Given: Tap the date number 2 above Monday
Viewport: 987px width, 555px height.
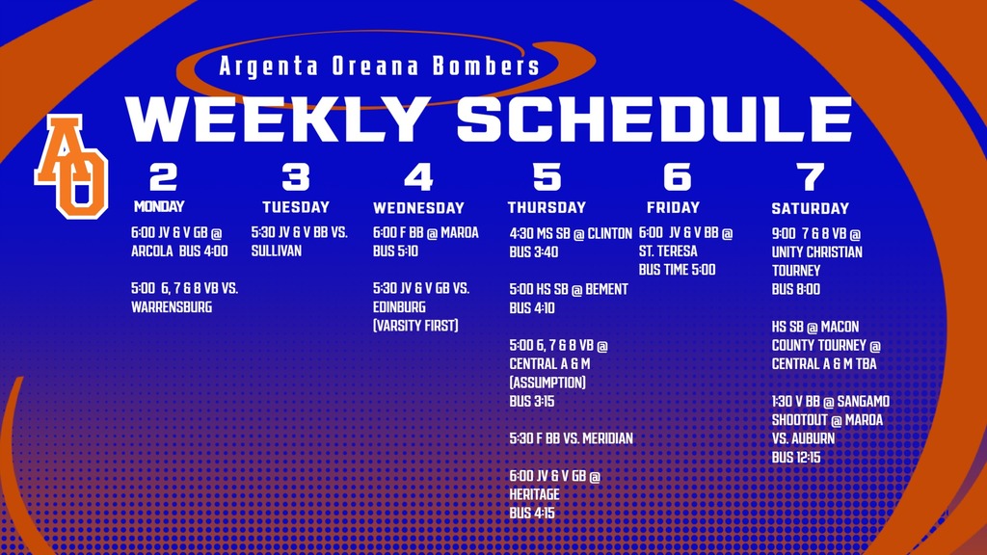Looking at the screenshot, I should (164, 177).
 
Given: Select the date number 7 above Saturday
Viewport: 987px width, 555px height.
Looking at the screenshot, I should (811, 177).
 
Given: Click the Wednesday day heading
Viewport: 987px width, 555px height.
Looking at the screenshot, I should (418, 208).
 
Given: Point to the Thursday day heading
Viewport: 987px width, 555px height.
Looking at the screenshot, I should (547, 207).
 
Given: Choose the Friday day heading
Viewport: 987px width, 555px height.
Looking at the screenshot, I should (673, 207).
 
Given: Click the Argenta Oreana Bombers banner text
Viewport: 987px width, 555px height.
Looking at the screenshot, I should (379, 67).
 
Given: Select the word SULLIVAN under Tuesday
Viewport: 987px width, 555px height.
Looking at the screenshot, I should (277, 251).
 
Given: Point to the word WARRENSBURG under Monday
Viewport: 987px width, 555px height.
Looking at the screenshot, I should (172, 307).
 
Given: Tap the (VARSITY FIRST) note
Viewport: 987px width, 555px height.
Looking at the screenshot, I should (415, 326).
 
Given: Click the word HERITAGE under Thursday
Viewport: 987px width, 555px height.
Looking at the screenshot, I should (534, 494).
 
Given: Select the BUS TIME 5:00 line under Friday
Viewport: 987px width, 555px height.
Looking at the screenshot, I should (677, 270).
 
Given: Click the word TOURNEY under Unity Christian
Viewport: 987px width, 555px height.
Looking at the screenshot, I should (795, 271).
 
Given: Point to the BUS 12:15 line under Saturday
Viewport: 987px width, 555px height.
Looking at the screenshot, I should (795, 457).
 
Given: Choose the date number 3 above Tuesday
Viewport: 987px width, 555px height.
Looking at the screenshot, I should (296, 177).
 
